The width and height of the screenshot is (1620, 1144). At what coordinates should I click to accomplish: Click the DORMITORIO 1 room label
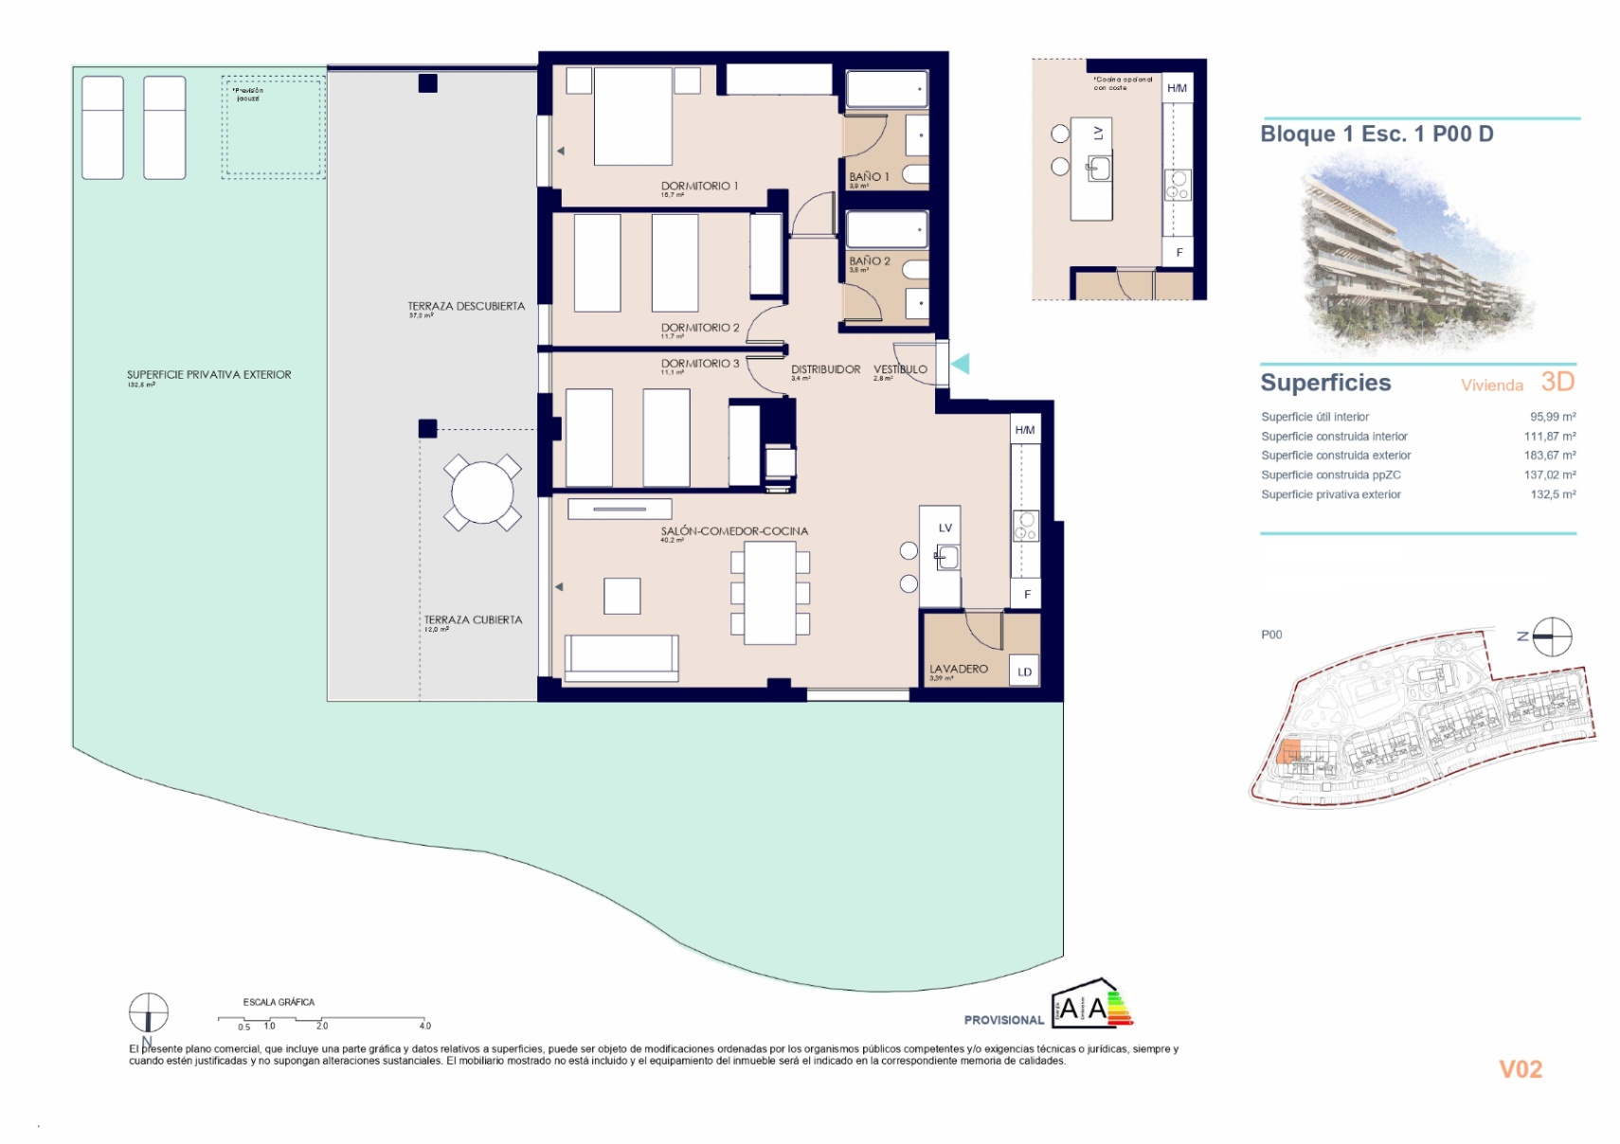coord(699,186)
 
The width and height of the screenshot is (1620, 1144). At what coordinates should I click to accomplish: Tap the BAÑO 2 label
coord(869,260)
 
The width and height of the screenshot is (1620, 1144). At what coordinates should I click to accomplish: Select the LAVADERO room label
coord(958,669)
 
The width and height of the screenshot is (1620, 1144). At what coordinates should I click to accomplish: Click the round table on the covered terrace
coord(482,492)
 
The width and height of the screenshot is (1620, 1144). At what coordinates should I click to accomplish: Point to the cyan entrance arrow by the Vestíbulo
coord(961,364)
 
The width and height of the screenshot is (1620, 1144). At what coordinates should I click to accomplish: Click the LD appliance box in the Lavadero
coord(1024,670)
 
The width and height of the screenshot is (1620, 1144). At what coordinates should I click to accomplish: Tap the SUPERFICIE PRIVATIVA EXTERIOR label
coord(208,375)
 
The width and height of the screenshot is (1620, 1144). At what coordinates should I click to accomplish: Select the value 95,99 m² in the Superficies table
coord(1552,417)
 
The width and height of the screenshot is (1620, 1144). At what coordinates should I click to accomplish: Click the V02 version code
coord(1520,1069)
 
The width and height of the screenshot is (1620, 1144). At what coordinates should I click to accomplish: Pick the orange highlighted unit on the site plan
coord(1288,753)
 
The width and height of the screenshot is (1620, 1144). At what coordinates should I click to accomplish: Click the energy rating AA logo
coord(1090,1006)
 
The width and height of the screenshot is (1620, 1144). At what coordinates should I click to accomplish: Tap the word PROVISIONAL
coord(1003,1020)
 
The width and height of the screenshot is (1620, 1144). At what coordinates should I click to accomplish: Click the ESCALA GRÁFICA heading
coord(279,1002)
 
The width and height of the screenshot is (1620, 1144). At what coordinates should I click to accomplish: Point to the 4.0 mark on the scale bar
coord(424,1026)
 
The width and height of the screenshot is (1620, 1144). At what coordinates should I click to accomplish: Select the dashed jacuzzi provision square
coord(274,129)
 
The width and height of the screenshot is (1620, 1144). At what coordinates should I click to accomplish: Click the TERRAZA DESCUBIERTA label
coord(465,306)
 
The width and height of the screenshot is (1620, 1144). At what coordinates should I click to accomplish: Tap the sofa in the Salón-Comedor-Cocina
coord(621,656)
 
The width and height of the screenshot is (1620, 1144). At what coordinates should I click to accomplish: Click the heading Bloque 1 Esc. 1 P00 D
coord(1376,134)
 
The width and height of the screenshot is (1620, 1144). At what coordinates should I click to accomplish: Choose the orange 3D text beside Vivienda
coord(1557,382)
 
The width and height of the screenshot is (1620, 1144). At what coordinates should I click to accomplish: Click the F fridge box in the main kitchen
coord(1026,594)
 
